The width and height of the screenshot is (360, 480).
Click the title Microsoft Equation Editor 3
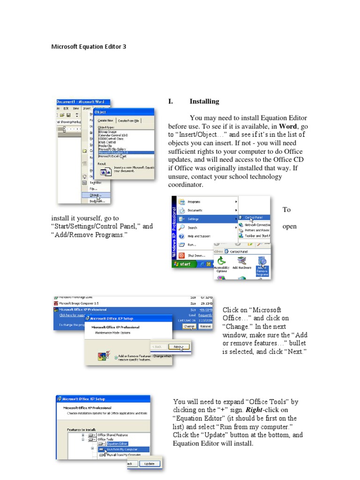click(89, 47)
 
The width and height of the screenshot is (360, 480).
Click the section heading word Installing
click(204, 101)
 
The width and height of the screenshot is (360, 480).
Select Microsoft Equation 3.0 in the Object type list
click(113, 152)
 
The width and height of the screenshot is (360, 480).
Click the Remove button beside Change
click(205, 326)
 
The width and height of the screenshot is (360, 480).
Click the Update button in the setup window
click(150, 464)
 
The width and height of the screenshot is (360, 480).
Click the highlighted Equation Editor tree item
click(117, 443)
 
